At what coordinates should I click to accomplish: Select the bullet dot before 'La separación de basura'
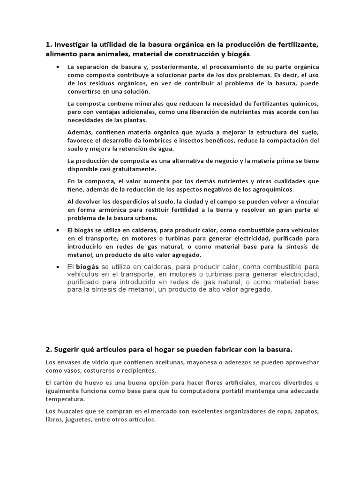click(x=58, y=67)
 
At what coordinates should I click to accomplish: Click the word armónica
click(x=111, y=210)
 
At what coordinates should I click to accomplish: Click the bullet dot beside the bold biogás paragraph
click(x=58, y=267)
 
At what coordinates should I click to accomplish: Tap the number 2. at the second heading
click(x=49, y=349)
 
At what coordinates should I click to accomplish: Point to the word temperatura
click(x=65, y=400)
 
